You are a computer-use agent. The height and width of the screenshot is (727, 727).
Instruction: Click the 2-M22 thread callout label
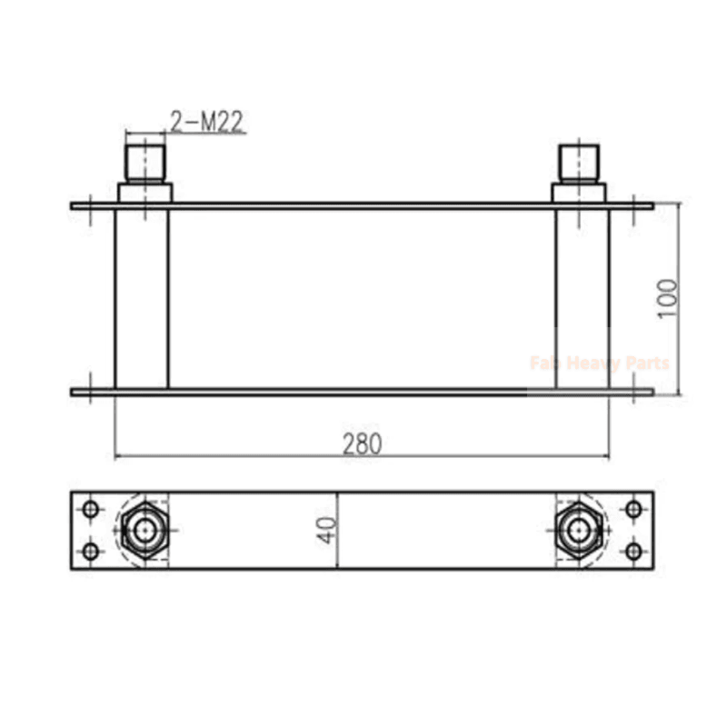[207, 122]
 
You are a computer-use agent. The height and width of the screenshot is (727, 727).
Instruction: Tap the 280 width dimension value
[362, 443]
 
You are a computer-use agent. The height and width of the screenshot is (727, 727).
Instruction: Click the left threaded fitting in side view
[144, 161]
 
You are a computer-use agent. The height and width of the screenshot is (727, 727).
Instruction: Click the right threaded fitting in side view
[580, 162]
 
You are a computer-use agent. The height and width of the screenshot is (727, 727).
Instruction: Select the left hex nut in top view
[144, 530]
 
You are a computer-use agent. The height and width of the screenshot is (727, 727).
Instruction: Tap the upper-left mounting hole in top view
[89, 509]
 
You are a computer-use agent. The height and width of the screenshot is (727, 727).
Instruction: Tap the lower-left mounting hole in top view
[89, 551]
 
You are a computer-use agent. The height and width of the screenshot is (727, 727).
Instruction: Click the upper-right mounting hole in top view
[633, 509]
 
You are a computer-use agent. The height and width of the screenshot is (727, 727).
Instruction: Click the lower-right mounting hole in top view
[633, 551]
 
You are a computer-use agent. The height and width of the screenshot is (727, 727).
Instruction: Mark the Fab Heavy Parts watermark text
[600, 363]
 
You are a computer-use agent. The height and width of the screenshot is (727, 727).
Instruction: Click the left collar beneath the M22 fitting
[144, 192]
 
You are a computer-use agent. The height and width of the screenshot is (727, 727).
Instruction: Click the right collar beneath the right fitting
[580, 192]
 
